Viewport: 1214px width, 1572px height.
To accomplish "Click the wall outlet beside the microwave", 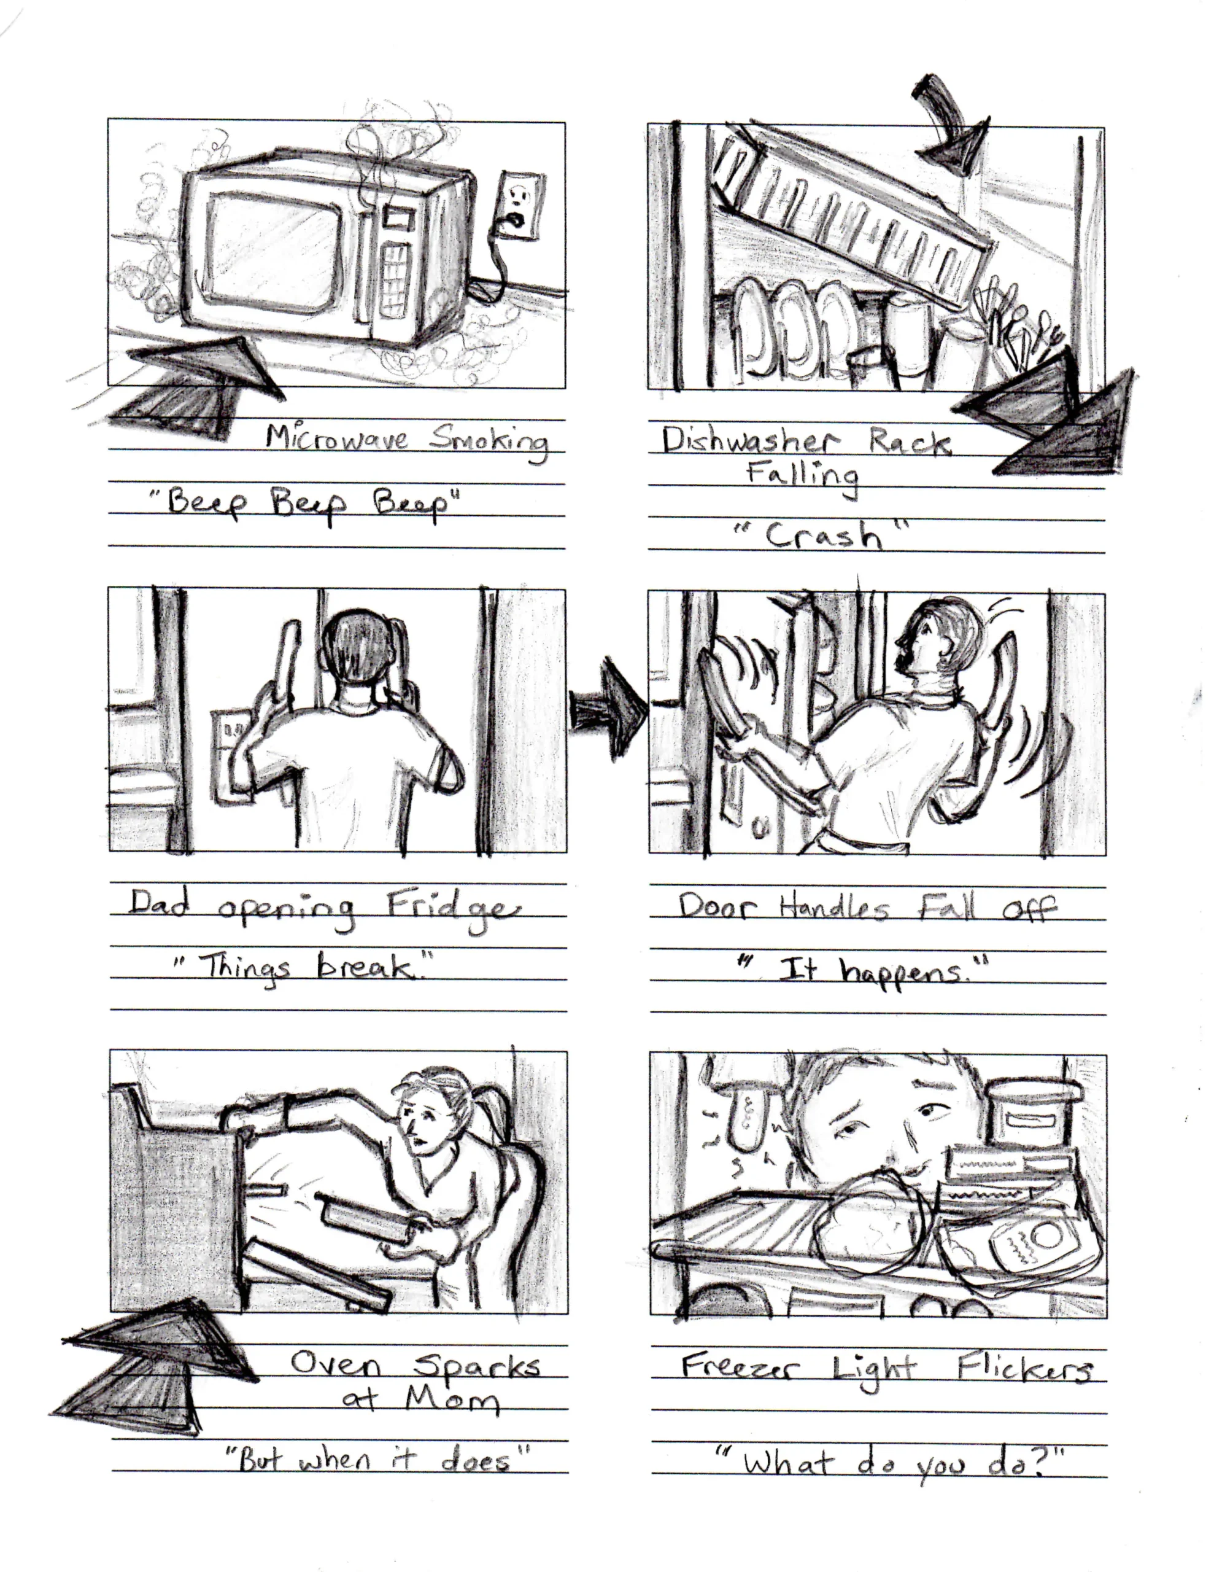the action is (518, 205).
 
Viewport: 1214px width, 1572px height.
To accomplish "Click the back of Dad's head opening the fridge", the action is (355, 648).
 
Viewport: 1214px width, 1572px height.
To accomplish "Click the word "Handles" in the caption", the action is (835, 908).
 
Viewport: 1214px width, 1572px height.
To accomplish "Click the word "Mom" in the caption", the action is (451, 1400).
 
